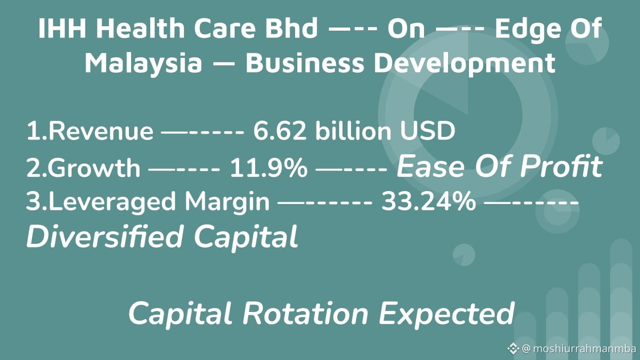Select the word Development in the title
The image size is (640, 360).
click(x=465, y=64)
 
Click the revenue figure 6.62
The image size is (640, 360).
click(x=280, y=131)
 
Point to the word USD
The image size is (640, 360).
click(x=427, y=131)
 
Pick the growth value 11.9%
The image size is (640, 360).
click(x=268, y=168)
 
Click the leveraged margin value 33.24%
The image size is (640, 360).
click(x=428, y=201)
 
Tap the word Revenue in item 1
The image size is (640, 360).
click(x=101, y=131)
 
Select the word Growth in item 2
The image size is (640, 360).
click(x=94, y=168)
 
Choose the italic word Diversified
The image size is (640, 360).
click(x=105, y=236)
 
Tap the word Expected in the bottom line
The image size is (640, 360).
click(x=447, y=314)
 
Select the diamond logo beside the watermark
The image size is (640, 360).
click(x=513, y=348)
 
